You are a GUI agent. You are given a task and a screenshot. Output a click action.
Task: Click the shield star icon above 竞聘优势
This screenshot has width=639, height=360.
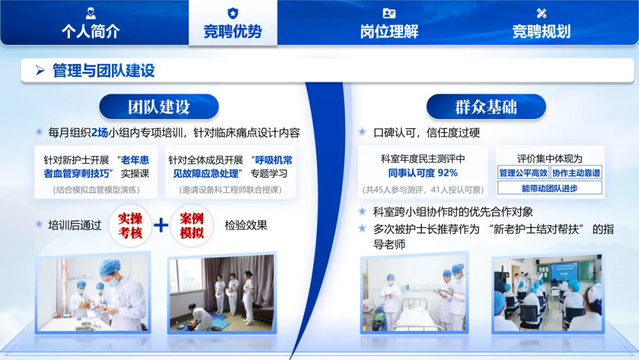(x=233, y=14)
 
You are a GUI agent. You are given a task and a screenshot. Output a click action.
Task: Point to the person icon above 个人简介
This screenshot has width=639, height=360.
(x=91, y=14)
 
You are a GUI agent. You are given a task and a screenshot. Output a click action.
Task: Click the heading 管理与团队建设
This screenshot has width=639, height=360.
(x=104, y=70)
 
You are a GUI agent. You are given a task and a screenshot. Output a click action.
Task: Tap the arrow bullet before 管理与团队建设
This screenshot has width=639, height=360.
(x=40, y=70)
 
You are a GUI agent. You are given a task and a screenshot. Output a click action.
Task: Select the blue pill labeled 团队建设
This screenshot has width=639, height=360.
(x=159, y=107)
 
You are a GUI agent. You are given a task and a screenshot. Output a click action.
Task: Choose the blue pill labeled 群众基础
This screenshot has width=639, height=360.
(x=486, y=107)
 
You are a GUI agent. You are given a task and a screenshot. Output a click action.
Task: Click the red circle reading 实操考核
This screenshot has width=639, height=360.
(x=130, y=226)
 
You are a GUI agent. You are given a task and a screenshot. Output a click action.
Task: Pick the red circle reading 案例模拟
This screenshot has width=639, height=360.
(x=192, y=226)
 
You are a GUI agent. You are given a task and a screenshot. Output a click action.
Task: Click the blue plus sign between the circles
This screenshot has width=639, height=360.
(x=161, y=225)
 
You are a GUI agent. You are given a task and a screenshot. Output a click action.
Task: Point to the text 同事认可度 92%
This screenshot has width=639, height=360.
(x=422, y=173)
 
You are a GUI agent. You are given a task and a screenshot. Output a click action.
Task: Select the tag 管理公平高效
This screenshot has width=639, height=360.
(x=523, y=173)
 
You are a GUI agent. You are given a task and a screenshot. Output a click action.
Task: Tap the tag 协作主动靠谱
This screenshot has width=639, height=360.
(x=576, y=173)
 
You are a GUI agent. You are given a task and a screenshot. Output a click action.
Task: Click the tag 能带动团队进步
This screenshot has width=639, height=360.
(x=550, y=188)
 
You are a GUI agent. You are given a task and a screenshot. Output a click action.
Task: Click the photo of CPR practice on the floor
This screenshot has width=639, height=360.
(x=222, y=293)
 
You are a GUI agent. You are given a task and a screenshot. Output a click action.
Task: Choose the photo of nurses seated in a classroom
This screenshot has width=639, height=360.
(x=548, y=293)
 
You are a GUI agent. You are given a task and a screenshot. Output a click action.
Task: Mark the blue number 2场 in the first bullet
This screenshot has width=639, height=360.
(x=100, y=133)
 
